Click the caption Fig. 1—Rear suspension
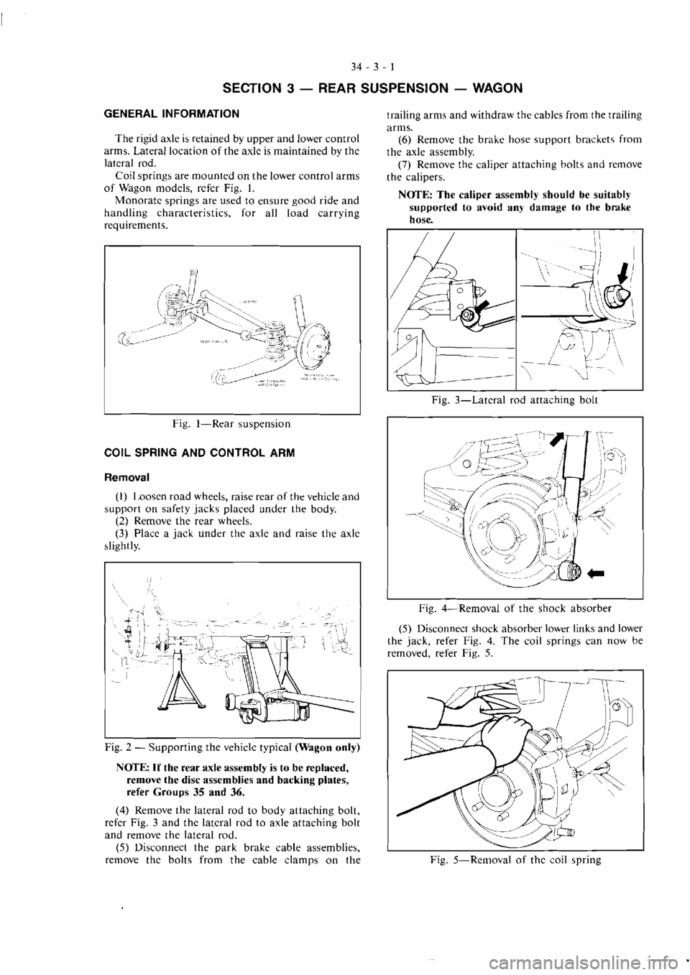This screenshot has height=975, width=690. click(x=231, y=424)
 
